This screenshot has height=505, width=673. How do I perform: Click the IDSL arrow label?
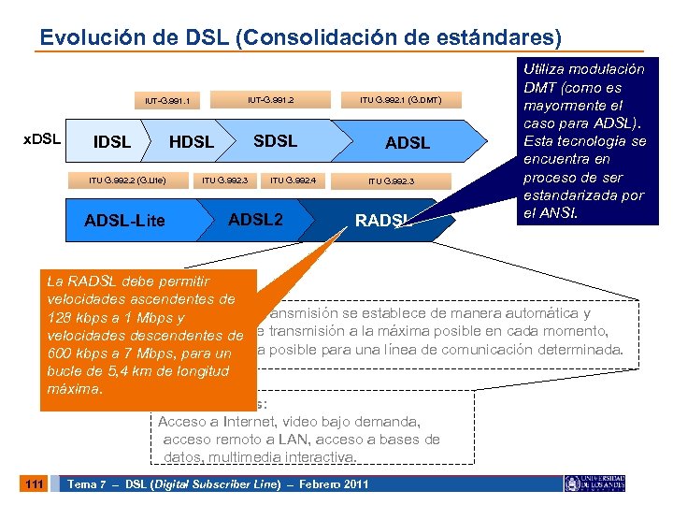[x=112, y=142]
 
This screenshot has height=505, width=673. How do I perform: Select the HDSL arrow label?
[x=192, y=142]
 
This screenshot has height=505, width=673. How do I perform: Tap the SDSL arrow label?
[x=275, y=141]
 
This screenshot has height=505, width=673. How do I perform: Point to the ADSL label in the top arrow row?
[x=408, y=143]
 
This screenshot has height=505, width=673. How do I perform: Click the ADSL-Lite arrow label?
[x=124, y=221]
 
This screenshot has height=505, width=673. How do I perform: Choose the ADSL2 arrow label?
[x=255, y=220]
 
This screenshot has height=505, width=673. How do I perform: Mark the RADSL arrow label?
[x=382, y=221]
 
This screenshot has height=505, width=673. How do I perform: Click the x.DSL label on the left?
[x=42, y=139]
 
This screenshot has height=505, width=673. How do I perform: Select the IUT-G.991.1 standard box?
[x=167, y=100]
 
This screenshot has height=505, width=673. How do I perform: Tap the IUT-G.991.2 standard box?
[x=270, y=97]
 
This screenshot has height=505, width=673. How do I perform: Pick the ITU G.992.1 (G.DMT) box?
[x=401, y=98]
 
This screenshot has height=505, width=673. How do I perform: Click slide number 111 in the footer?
[x=35, y=483]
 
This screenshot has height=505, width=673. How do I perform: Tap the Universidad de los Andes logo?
[x=594, y=483]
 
